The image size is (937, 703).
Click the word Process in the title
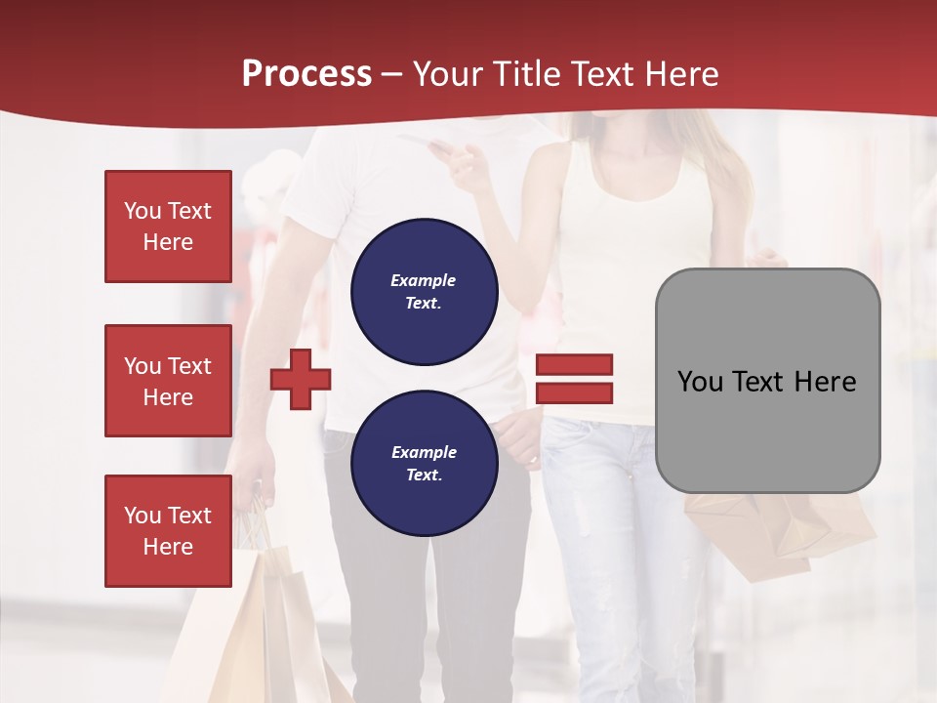coord(306,74)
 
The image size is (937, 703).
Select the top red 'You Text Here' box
coord(168,227)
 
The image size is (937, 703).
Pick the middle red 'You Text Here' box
coord(168,381)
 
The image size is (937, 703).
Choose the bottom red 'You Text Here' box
coord(168,531)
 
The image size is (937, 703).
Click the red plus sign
coord(301,379)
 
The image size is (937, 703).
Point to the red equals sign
coord(574,379)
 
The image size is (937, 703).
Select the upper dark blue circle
coord(424,291)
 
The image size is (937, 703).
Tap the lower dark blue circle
coord(424,463)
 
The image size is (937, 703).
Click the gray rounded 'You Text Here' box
coord(767,381)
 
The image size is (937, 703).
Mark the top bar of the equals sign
coord(574,365)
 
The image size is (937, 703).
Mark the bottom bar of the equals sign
coord(574,393)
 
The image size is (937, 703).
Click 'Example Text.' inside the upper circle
coord(424,291)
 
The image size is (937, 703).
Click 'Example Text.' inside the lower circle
coord(424,463)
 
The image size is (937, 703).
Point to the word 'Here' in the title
coord(679,74)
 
